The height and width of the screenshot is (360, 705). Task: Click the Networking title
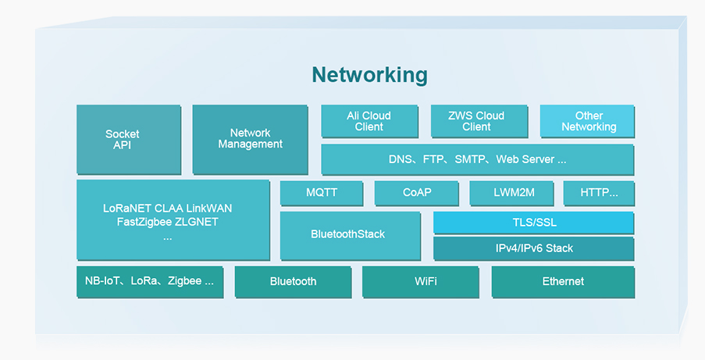pos(369,75)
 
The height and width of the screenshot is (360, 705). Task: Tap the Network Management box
pos(250,139)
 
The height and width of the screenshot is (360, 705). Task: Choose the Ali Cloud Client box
pos(369,121)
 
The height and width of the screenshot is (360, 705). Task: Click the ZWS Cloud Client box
pos(476,121)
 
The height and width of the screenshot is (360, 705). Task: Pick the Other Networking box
pos(588,121)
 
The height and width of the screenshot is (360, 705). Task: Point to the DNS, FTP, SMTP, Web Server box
pos(477,159)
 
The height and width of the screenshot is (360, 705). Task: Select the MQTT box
pos(322,193)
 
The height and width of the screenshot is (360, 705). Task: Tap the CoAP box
pos(417,193)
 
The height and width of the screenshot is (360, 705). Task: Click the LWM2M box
pos(512,193)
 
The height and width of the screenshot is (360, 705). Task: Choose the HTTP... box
pos(599,193)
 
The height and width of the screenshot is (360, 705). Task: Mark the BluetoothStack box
pos(347,234)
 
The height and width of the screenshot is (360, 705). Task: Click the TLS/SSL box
pos(533,223)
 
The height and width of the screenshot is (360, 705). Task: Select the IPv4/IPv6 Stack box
pos(533,248)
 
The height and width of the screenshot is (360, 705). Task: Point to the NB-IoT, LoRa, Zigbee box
pos(149,281)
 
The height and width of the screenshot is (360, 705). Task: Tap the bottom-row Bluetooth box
pos(293,282)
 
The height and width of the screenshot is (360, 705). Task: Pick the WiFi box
pos(420,282)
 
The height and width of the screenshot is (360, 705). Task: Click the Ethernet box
pos(562,282)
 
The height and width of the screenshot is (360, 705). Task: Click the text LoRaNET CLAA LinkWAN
pos(167,209)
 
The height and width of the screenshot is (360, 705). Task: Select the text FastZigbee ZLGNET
pos(167,222)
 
